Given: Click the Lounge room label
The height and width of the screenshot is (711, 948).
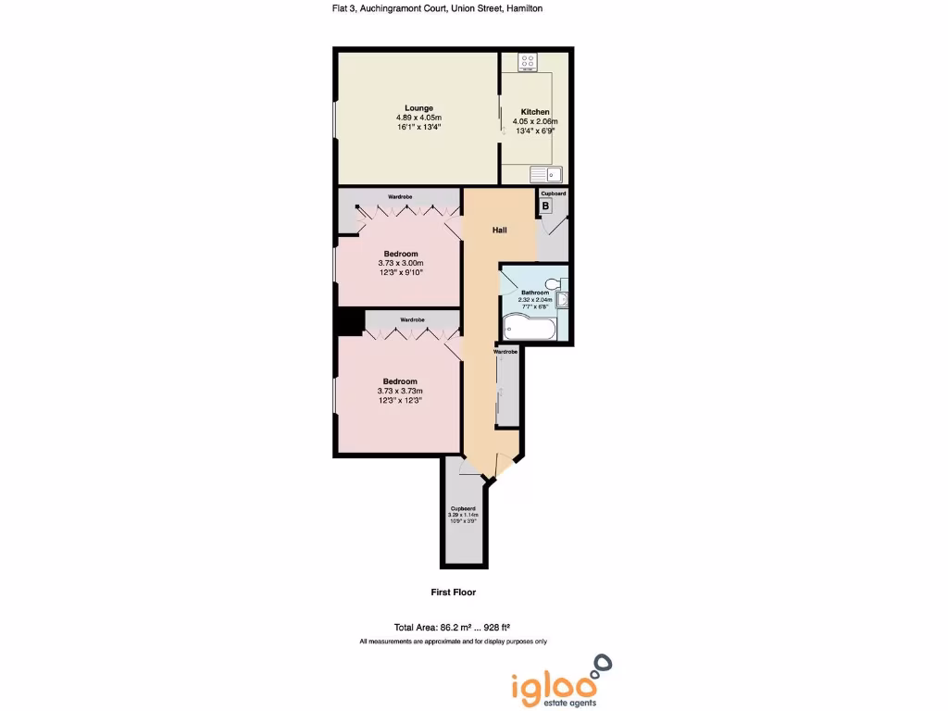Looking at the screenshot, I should [x=418, y=108].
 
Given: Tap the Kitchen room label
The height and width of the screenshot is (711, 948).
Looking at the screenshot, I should [x=535, y=112].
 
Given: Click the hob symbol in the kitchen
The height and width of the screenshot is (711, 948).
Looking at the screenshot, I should [x=528, y=63].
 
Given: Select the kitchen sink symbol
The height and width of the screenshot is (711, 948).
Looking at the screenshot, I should [x=546, y=173].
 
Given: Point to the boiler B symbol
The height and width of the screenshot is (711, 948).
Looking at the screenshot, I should [x=545, y=206].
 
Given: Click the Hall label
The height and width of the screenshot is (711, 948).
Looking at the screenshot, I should [x=499, y=230].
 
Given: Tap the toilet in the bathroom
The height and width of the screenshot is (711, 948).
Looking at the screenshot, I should [x=553, y=283].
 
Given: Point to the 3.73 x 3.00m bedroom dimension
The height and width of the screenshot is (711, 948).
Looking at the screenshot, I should [x=401, y=263].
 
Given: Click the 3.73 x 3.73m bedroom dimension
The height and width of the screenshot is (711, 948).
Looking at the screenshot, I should [x=401, y=391].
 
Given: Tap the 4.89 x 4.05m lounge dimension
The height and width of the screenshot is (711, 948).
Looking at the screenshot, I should [x=418, y=118].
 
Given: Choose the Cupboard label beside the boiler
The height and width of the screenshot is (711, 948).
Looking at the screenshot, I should [x=553, y=193].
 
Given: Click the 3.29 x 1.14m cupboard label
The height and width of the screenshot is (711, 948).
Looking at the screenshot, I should [x=463, y=515].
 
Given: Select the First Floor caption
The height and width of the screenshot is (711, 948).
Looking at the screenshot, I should [x=453, y=592].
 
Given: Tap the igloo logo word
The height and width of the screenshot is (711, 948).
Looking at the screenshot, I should [x=548, y=686].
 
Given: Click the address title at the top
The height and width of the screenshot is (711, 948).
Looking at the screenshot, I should [x=437, y=8].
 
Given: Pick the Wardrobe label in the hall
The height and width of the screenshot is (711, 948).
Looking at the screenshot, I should [x=505, y=352].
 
